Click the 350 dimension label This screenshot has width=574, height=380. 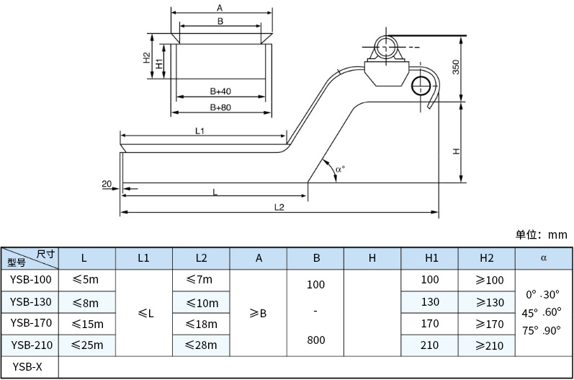coord(454,68)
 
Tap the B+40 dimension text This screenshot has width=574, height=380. coord(220,92)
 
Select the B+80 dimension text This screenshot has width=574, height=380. coord(220,107)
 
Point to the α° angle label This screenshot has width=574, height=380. coord(340,169)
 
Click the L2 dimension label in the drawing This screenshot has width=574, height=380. coord(279,207)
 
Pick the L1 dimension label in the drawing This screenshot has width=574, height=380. coord(200,131)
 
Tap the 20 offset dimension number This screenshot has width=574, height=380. coord(106,185)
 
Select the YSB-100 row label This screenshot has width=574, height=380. coord(31,280)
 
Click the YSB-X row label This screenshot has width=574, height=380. coord(27,367)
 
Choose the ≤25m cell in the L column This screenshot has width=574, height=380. coord(88,345)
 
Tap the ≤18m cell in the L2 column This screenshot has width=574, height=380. coord(201,324)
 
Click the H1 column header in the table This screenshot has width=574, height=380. coord(429,257)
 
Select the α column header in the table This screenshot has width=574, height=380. coord(543,257)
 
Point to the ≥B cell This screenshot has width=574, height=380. coord(258,313)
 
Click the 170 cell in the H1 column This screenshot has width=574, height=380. coord(429,324)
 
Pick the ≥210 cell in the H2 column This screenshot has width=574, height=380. coord(486,345)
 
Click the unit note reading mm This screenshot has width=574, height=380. coord(542,234)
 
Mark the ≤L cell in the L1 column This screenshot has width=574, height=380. coord(144,313)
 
